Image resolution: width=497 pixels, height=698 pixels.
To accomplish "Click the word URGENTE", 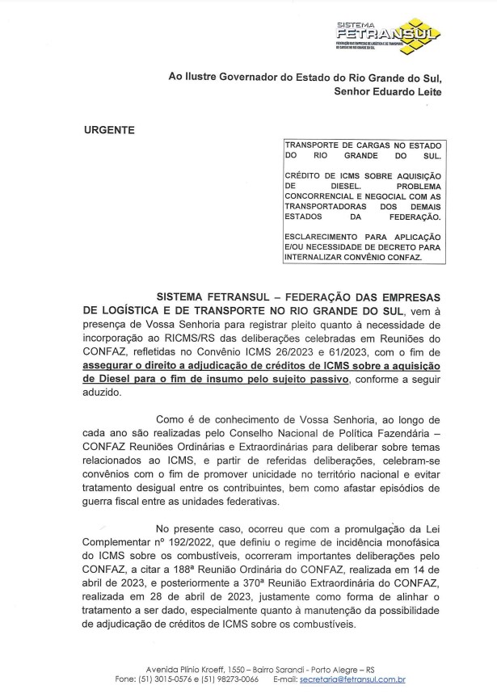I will point(109,130).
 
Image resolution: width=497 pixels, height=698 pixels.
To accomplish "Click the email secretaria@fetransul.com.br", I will point(352,680).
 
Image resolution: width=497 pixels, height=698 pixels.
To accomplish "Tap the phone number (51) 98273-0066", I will point(231,680).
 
